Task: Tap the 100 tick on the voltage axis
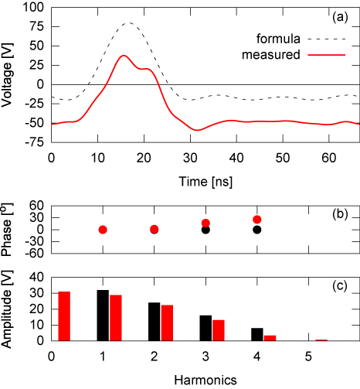point(34,5)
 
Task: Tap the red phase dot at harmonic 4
point(257,220)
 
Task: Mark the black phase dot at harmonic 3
point(205,230)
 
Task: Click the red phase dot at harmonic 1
point(103,230)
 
